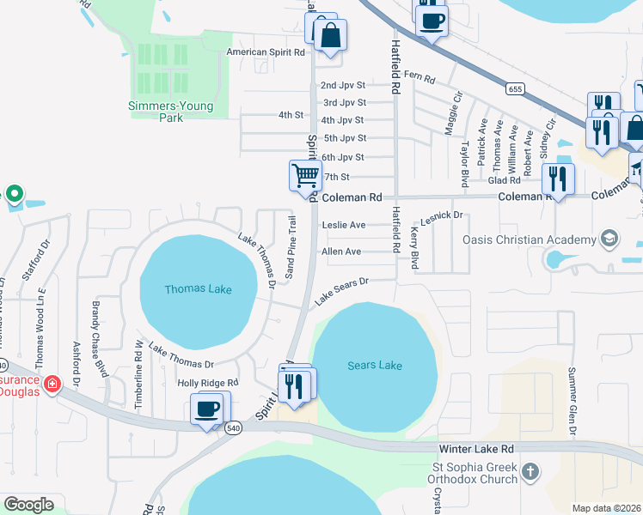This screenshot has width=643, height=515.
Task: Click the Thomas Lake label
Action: pyautogui.click(x=198, y=289)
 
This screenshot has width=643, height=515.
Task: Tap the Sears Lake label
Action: pyautogui.click(x=374, y=366)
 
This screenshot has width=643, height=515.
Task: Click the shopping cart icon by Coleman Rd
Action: pyautogui.click(x=305, y=175)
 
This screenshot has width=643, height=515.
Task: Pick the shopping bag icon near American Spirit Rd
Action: pyautogui.click(x=328, y=36)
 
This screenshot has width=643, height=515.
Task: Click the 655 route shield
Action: pyautogui.click(x=515, y=88)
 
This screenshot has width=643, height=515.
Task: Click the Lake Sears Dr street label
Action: pyautogui.click(x=341, y=291)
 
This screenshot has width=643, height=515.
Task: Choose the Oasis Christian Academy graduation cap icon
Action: pyautogui.click(x=609, y=238)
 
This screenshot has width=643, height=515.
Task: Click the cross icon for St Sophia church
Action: pyautogui.click(x=530, y=471)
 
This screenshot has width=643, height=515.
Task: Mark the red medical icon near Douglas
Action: pyautogui.click(x=52, y=383)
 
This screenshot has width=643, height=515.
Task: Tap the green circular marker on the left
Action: pyautogui.click(x=13, y=194)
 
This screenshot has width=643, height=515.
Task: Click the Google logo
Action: pyautogui.click(x=28, y=504)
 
